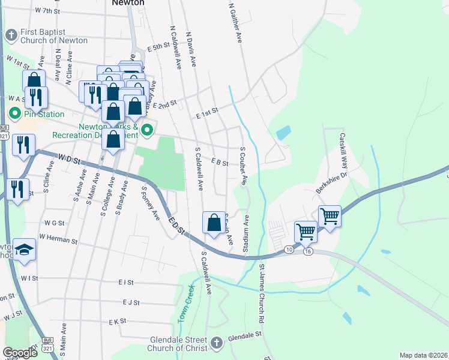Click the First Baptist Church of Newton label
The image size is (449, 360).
[x=53, y=36]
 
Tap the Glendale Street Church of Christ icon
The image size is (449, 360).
[x=217, y=344]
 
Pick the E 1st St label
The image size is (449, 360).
[x=206, y=110]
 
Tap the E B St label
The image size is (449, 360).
[x=220, y=163]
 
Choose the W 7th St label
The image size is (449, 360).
[x=48, y=11]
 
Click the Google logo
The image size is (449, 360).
[x=20, y=352]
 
